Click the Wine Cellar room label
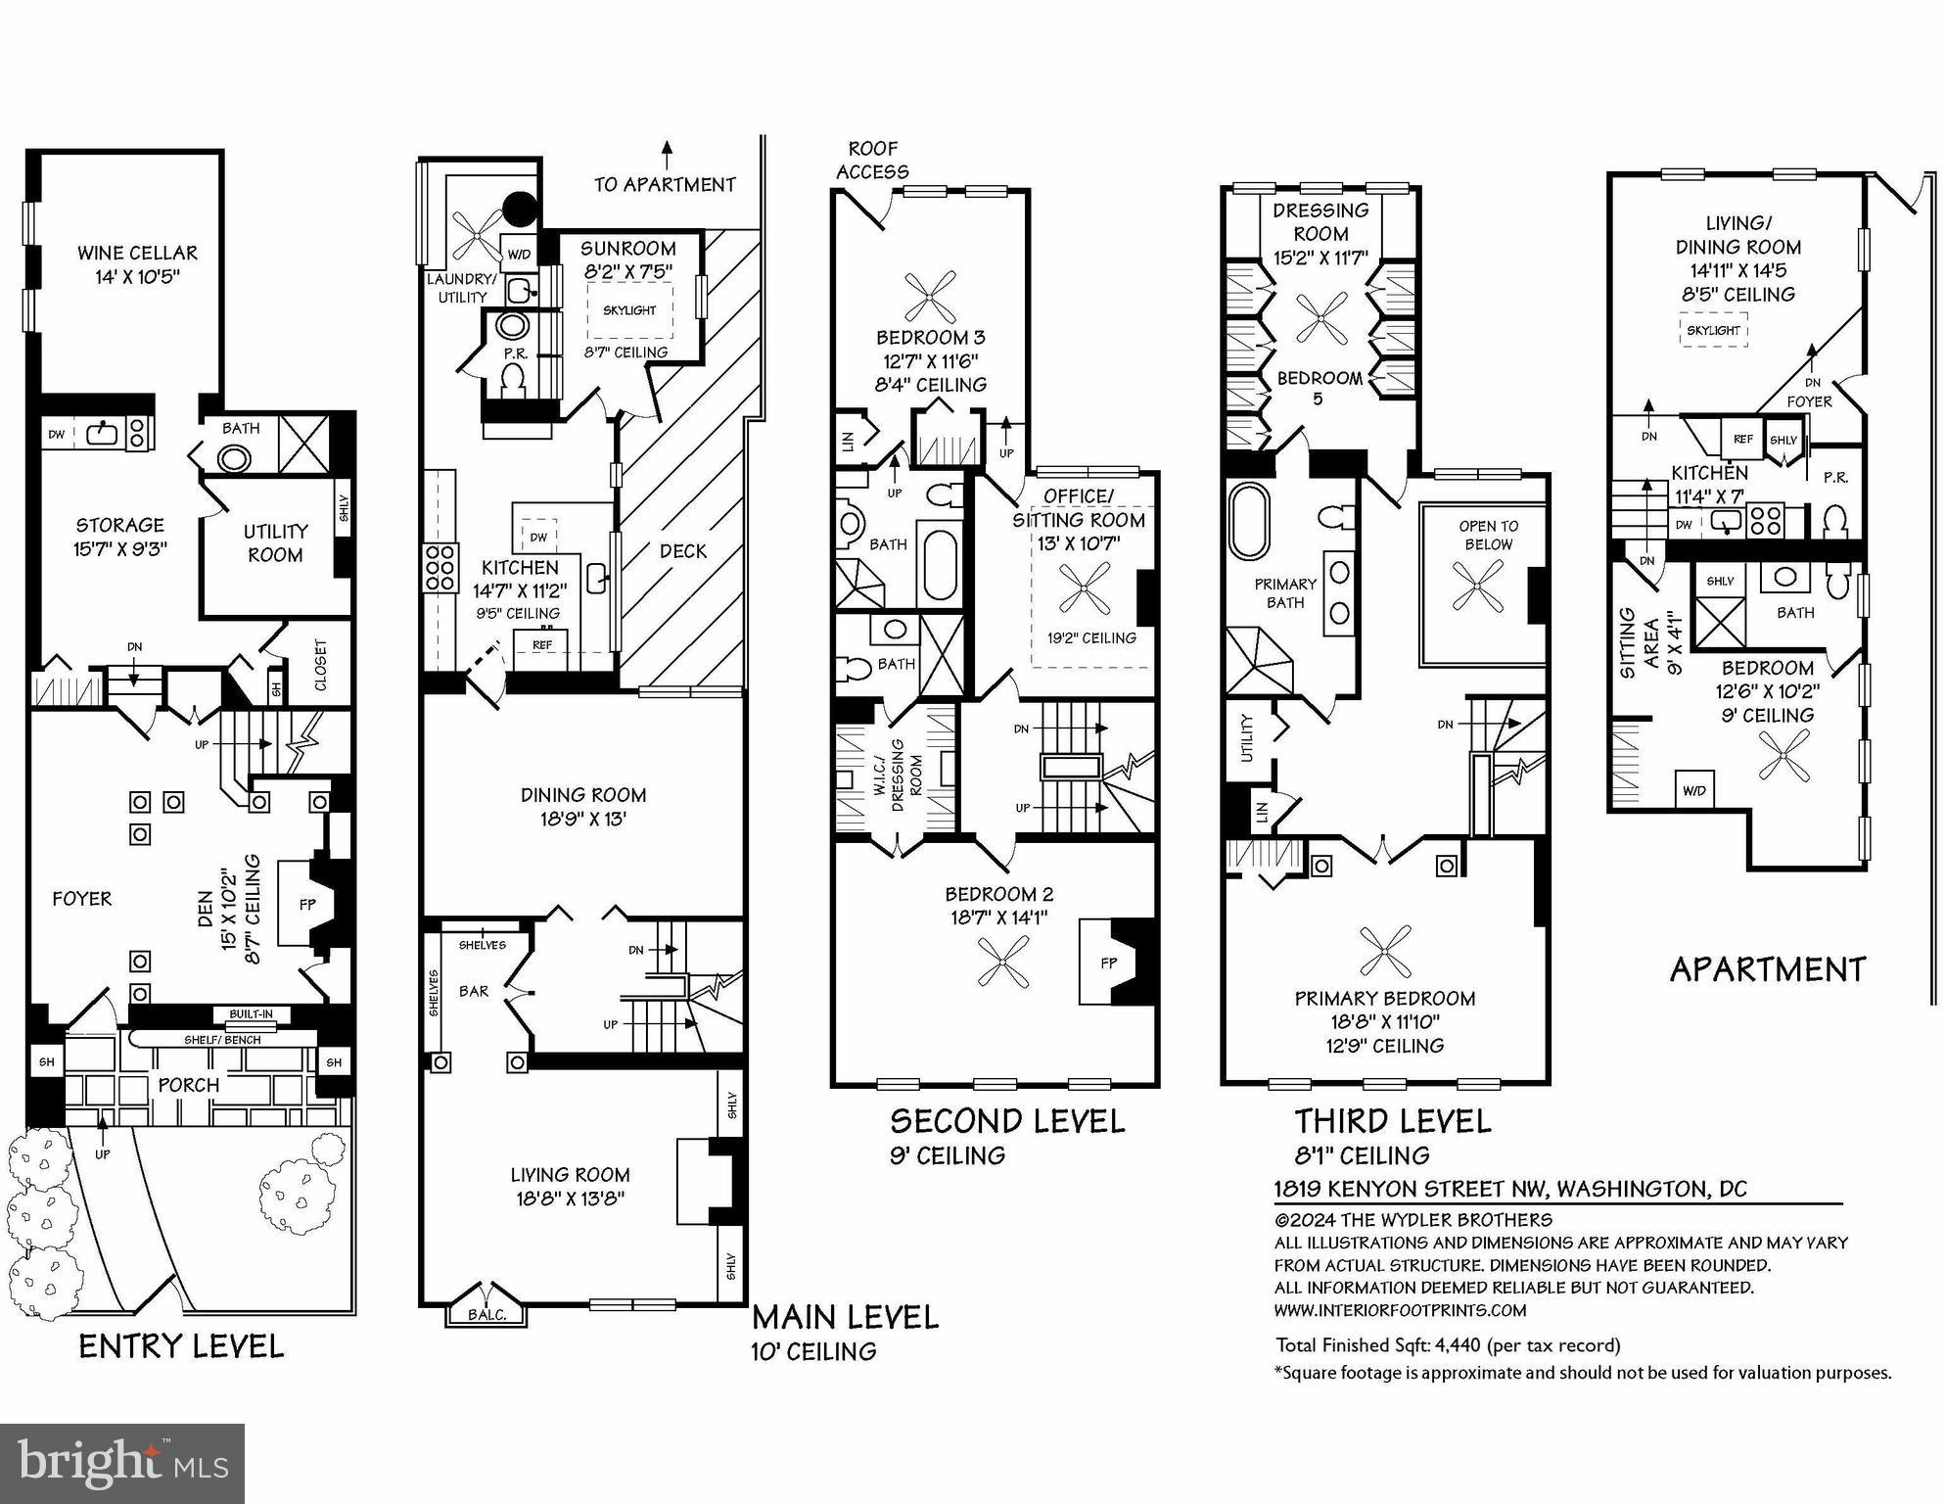[x=137, y=254]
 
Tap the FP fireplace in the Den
[x=307, y=905]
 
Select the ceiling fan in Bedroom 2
[x=1003, y=961]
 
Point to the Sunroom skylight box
[x=629, y=309]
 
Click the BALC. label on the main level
[x=486, y=1314]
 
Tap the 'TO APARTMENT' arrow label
[x=665, y=184]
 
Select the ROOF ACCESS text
[x=872, y=161]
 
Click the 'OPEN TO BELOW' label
[x=1488, y=535]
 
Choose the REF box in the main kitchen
[x=542, y=644]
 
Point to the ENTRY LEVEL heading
[x=181, y=1346]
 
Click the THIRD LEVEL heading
[x=1392, y=1121]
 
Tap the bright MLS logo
[x=122, y=1463]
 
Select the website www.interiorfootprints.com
[x=1400, y=1310]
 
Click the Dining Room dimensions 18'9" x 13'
[x=582, y=819]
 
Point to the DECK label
[x=682, y=551]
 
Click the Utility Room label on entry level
[x=275, y=542]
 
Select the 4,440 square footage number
[x=1457, y=1345]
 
